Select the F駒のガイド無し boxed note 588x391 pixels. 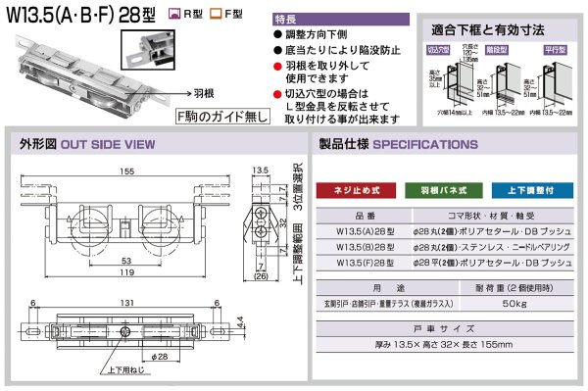(218, 117)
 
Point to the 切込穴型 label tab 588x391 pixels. (438, 48)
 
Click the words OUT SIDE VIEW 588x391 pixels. (108, 144)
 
